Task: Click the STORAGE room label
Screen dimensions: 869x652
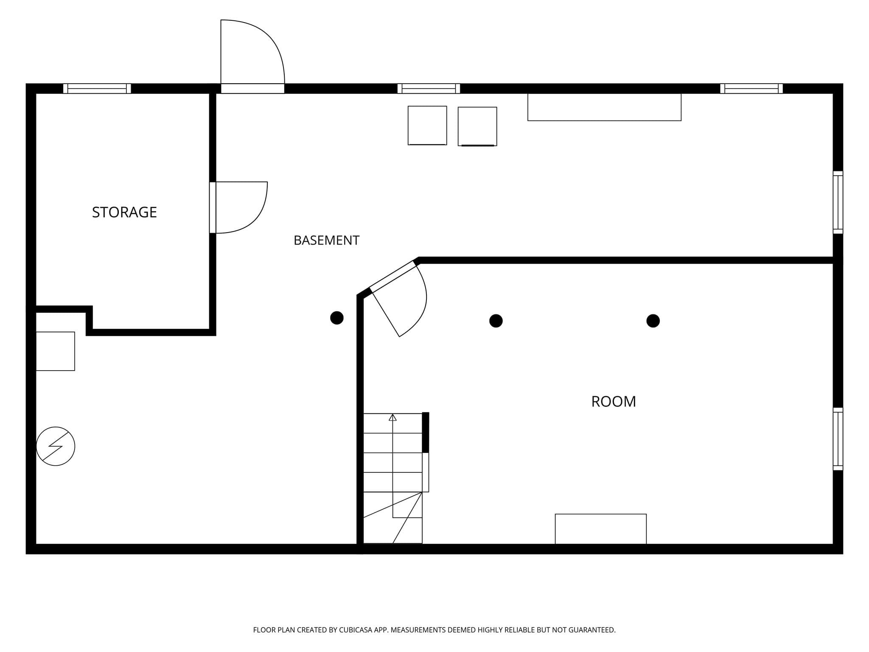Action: tap(124, 212)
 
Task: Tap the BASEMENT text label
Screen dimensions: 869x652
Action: tap(326, 240)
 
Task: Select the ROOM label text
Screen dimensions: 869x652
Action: tap(614, 402)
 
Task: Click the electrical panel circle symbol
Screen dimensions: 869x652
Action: tap(56, 446)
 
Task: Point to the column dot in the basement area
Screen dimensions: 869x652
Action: tap(337, 318)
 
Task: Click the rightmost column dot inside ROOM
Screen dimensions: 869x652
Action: tap(653, 321)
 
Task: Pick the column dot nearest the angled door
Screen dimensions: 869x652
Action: tap(496, 321)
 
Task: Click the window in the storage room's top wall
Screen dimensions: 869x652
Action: tap(97, 88)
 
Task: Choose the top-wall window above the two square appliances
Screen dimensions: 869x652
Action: tap(429, 88)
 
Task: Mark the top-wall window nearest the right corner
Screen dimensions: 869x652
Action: tap(751, 88)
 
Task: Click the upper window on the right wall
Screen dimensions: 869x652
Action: tap(838, 202)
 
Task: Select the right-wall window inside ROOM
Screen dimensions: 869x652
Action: tap(838, 439)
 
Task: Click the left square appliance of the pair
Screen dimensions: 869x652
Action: tap(427, 126)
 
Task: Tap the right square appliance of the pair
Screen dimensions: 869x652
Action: tap(477, 126)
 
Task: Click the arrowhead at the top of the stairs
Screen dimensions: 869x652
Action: tap(392, 418)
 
